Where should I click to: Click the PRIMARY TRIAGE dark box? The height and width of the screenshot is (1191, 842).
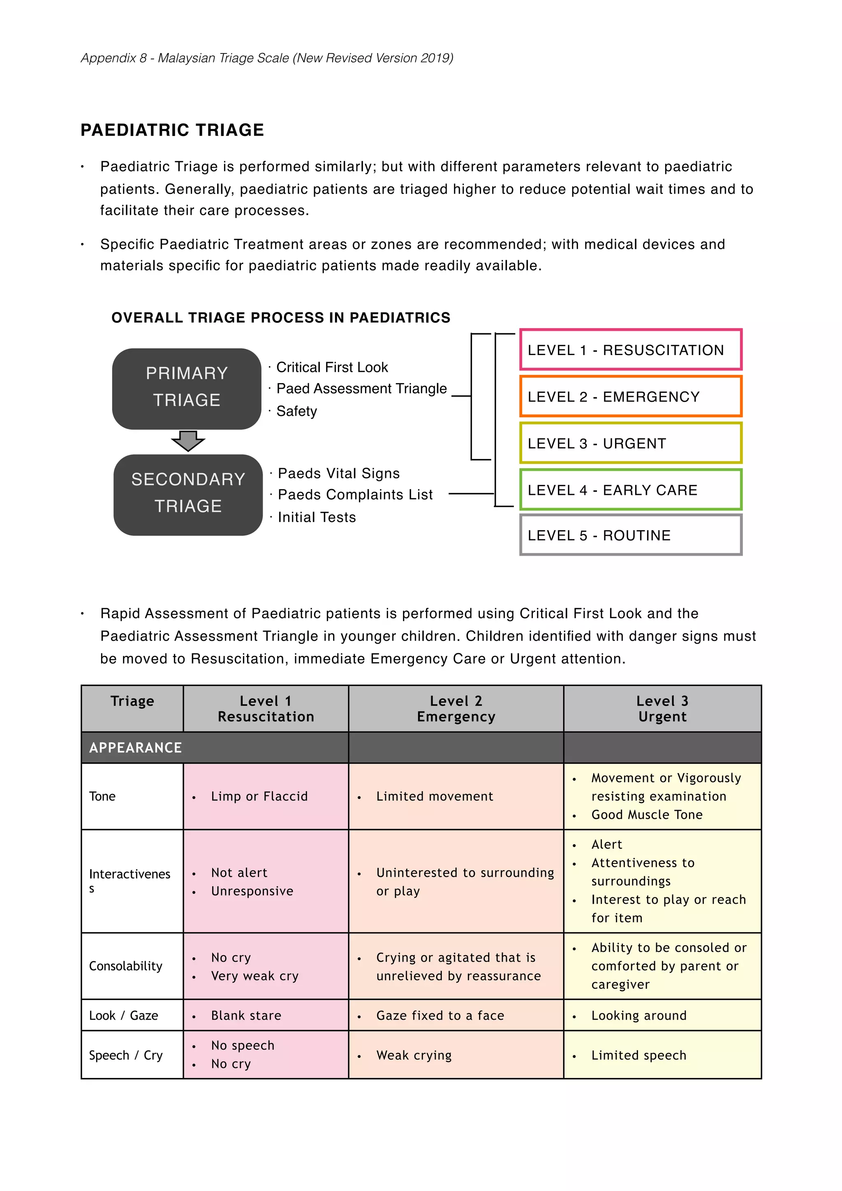click(x=186, y=388)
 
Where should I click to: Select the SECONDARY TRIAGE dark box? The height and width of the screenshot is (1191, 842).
click(x=188, y=494)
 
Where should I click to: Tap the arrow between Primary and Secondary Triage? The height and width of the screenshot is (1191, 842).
click(x=188, y=441)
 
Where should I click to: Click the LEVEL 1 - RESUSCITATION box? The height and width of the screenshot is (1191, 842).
click(x=630, y=350)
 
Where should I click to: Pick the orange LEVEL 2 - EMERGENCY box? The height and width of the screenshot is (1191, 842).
click(x=630, y=396)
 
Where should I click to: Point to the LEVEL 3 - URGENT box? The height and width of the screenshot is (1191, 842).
click(x=630, y=443)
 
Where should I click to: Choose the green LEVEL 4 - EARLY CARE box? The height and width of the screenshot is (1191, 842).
click(x=630, y=490)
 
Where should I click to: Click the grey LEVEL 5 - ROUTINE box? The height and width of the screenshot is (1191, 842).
click(x=630, y=535)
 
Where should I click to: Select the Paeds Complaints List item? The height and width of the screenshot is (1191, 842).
click(x=355, y=494)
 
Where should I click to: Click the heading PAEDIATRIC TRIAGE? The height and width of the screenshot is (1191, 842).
click(x=172, y=130)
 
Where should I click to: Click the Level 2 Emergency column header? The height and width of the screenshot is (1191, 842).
click(x=456, y=709)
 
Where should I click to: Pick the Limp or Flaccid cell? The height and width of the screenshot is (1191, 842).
click(x=259, y=796)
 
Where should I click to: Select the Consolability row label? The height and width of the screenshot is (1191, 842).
click(x=125, y=966)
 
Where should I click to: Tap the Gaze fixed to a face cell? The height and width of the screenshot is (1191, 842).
click(x=440, y=1015)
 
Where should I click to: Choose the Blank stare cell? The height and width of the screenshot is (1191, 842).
click(x=246, y=1015)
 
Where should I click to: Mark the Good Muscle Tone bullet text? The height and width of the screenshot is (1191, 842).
click(x=646, y=815)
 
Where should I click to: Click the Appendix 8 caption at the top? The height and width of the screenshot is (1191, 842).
click(x=267, y=58)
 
